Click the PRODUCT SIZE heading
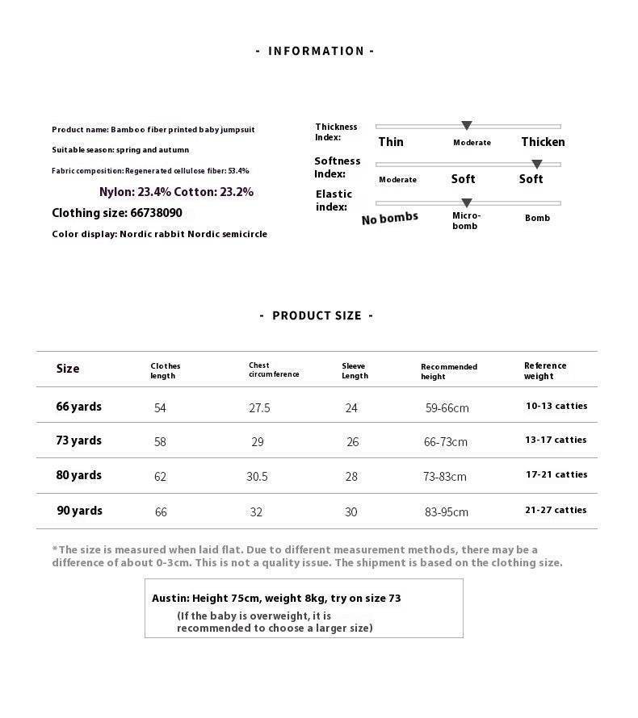click(316, 315)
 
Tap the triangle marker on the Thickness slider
click(467, 126)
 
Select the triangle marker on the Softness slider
click(537, 165)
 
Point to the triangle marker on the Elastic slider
click(467, 203)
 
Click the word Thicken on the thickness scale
click(543, 142)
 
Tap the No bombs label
click(390, 218)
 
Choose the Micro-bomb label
click(467, 220)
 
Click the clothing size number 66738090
click(156, 213)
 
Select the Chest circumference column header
click(274, 369)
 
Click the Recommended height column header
click(449, 371)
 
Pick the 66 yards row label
click(79, 407)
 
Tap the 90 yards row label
click(79, 511)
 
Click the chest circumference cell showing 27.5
click(259, 408)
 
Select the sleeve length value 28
click(351, 477)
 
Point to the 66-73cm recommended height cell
click(447, 442)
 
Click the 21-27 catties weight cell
click(556, 510)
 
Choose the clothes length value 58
click(160, 442)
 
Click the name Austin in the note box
click(170, 599)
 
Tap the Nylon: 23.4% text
click(134, 192)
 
